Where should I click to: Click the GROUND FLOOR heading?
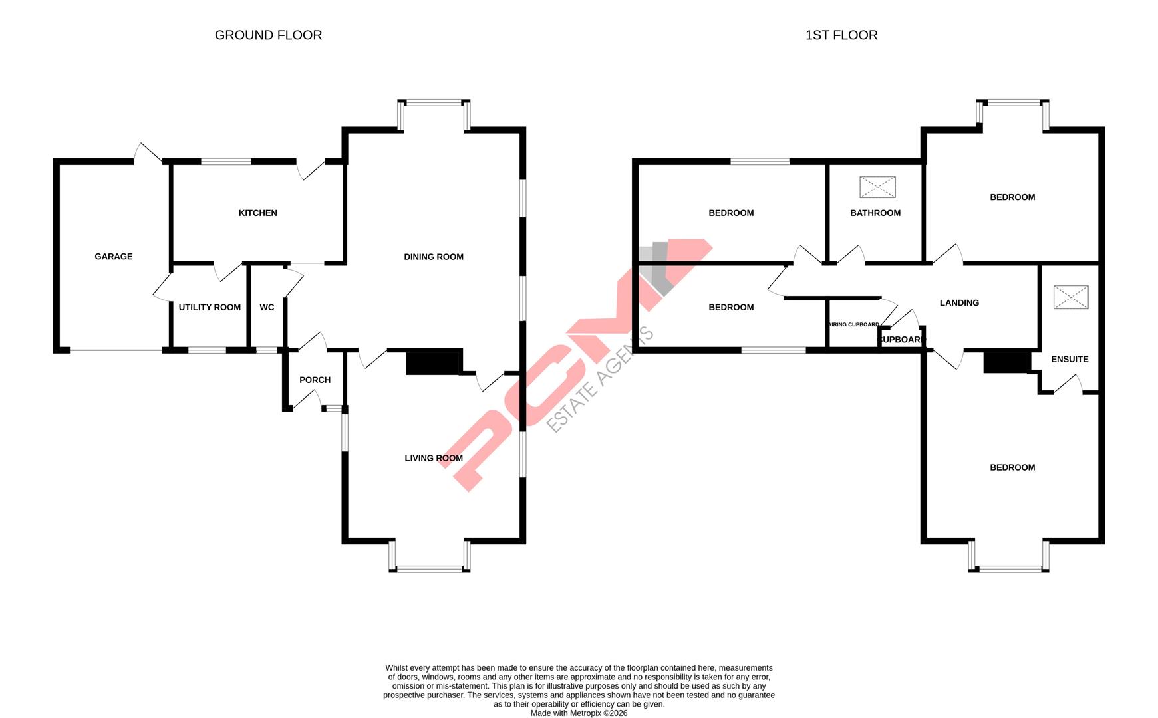coord(268,35)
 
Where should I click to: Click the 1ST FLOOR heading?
coord(841,35)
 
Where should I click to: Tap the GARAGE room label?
coord(114,257)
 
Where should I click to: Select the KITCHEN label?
coord(258,213)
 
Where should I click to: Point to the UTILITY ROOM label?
coord(210,308)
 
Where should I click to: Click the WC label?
coord(267,308)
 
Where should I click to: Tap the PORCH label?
coord(315,380)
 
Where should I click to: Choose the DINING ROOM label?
coord(434,257)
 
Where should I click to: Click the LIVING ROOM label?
coord(434,458)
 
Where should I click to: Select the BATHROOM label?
coord(875,213)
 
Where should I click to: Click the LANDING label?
coord(959,303)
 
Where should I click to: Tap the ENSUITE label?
coord(1070,360)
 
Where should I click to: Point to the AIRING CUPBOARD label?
coord(854,325)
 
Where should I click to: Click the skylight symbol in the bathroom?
coord(877,187)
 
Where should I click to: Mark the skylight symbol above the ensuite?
coord(1071,297)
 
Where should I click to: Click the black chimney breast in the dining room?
coord(434,362)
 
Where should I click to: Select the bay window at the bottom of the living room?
coord(430,568)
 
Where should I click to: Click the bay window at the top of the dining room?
coord(434,103)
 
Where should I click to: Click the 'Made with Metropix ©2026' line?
coord(579,713)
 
